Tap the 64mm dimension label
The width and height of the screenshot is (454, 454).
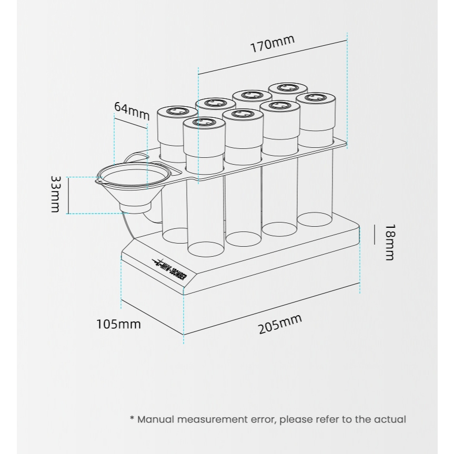pyautogui.click(x=132, y=110)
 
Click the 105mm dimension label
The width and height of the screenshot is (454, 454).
pyautogui.click(x=118, y=324)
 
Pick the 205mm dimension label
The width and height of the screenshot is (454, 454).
pyautogui.click(x=280, y=324)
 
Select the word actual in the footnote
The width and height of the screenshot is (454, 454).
pyautogui.click(x=389, y=420)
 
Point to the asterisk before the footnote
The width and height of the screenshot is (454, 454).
pyautogui.click(x=132, y=419)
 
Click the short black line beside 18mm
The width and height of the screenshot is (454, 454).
pyautogui.click(x=374, y=234)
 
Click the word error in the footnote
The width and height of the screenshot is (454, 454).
pyautogui.click(x=260, y=420)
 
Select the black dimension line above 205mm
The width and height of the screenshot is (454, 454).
pyautogui.click(x=271, y=313)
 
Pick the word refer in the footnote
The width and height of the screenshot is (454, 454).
pyautogui.click(x=326, y=420)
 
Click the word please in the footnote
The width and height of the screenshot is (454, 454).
pyautogui.click(x=296, y=420)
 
